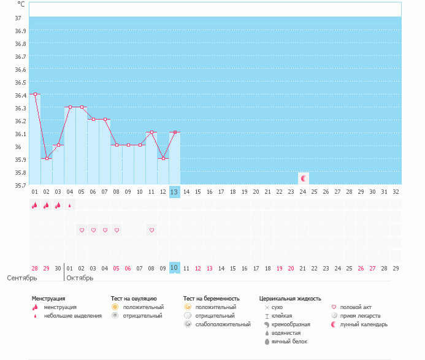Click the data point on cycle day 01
[35, 94]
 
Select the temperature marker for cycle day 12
[163, 158]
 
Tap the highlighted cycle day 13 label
[174, 192]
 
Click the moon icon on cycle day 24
[303, 178]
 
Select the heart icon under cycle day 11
[151, 230]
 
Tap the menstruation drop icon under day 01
[35, 205]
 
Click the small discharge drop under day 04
[69, 205]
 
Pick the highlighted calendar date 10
[174, 268]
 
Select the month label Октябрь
[80, 278]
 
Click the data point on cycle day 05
[82, 107]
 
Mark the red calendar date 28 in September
[35, 268]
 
